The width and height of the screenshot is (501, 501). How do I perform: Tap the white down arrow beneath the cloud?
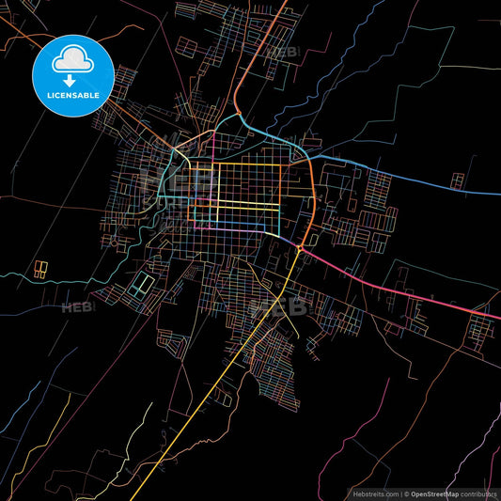click(72, 80)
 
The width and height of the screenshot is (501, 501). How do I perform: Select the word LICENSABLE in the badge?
click(72, 96)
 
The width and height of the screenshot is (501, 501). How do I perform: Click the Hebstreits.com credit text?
click(375, 493)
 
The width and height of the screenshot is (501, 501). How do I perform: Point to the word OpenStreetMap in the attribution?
click(433, 493)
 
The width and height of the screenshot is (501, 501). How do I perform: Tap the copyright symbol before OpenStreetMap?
click(407, 493)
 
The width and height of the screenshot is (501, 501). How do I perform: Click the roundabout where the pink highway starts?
click(297, 247)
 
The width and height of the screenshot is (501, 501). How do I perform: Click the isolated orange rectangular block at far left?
click(40, 270)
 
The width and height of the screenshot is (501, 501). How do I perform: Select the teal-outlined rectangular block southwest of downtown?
click(143, 283)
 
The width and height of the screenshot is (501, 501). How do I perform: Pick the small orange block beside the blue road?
click(457, 180)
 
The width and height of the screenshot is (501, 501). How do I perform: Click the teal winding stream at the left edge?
click(38, 279)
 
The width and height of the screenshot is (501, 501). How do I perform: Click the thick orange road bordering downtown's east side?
click(311, 202)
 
